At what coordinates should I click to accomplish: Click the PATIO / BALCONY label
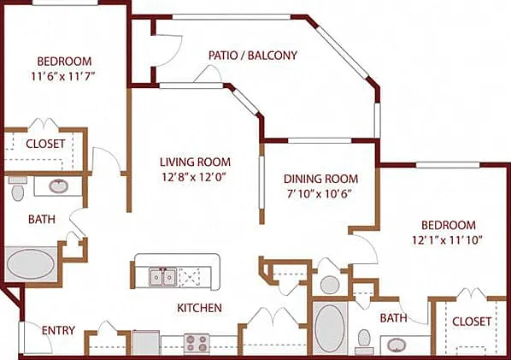coord(253,55)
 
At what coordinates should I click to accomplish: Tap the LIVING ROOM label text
coord(195,162)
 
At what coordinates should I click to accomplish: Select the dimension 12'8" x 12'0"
coord(194,177)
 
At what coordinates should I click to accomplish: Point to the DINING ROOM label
coord(320,179)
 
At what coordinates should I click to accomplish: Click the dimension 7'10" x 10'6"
coord(319,194)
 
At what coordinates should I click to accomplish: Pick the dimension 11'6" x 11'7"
coord(63,76)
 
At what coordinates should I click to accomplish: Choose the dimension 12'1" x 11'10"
coord(447,240)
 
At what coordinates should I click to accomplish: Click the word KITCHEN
coord(199,308)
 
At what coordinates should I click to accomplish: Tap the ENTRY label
coord(58,330)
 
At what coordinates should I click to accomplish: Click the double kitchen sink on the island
coord(163,277)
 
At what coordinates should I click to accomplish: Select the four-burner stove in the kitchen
coord(197,344)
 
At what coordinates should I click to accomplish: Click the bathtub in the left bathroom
coord(31,264)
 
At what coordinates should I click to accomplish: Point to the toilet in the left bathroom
coord(17,189)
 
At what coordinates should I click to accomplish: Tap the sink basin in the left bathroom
coord(59,186)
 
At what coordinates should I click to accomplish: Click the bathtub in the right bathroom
coord(330,328)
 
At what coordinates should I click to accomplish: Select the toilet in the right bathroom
coord(364,341)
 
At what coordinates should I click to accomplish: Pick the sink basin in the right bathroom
coord(396,345)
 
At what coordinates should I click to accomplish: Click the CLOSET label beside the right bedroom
coord(472,322)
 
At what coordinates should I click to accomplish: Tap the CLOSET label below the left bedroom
coord(45,144)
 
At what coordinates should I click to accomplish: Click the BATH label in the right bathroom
coord(393,317)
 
